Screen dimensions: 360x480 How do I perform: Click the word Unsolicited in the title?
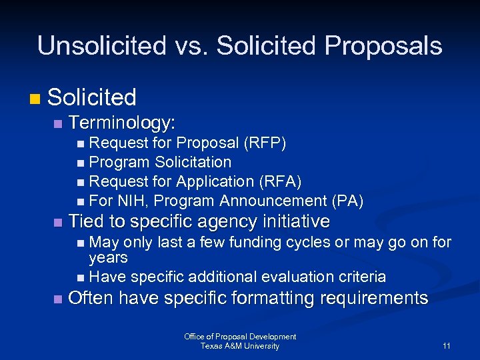(x=101, y=46)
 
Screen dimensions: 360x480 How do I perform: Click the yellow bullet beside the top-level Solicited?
(x=35, y=99)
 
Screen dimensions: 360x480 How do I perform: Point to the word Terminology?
(x=122, y=123)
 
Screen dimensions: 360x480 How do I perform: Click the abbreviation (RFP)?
(x=265, y=143)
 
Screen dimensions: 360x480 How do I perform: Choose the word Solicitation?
(x=193, y=162)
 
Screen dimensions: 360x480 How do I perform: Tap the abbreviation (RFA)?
(x=279, y=181)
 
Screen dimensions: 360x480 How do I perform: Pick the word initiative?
(x=296, y=221)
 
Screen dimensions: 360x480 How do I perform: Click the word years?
(x=108, y=257)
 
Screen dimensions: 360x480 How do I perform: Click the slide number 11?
(x=446, y=346)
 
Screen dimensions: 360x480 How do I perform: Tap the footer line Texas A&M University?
(x=240, y=346)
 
